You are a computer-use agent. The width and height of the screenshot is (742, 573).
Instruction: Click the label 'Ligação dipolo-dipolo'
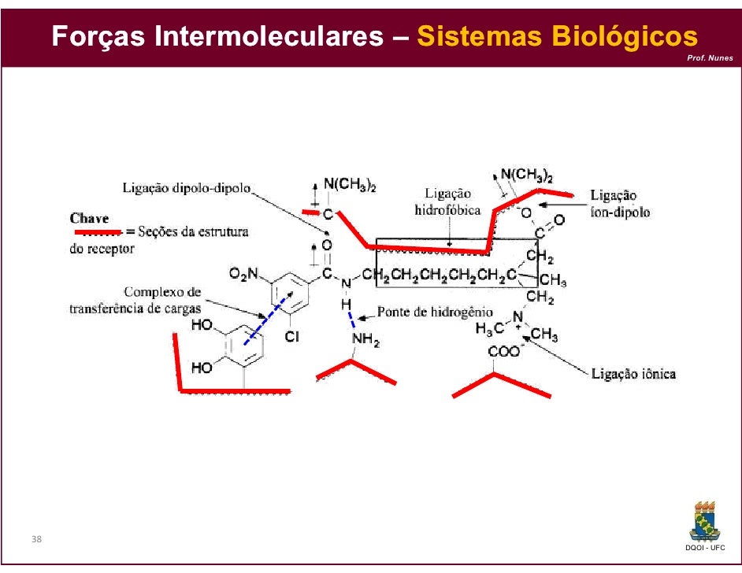[187, 188]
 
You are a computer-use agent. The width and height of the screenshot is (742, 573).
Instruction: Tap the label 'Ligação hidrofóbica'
[447, 201]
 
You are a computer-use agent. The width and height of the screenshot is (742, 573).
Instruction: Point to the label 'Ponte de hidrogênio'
[436, 312]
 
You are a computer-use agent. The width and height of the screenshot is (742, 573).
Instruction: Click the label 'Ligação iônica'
[633, 374]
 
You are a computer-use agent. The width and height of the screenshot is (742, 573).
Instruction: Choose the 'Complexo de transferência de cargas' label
[135, 300]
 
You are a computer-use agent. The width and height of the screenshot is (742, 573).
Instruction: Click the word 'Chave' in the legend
[90, 217]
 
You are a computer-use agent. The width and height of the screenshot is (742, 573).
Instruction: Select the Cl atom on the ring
[291, 336]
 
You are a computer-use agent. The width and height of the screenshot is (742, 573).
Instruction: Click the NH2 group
[365, 341]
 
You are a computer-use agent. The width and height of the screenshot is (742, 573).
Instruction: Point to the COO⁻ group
[504, 352]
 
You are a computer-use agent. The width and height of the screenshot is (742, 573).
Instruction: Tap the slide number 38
[37, 539]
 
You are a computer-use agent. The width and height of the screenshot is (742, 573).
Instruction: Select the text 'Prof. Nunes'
[710, 59]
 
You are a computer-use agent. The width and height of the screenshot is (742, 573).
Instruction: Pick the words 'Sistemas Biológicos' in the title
[557, 36]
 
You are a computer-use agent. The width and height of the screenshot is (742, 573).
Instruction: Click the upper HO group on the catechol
[201, 323]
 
